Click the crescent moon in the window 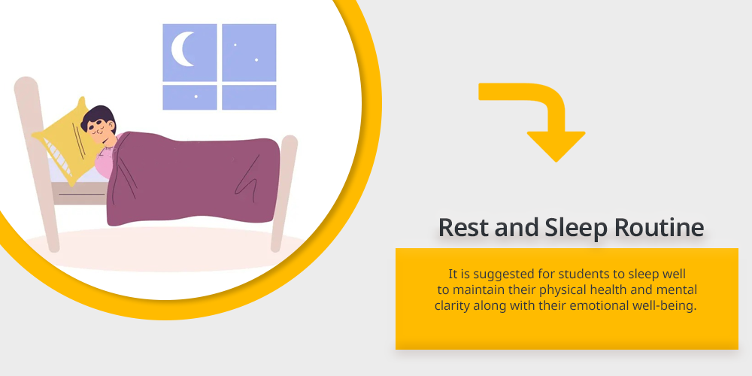pos(180,49)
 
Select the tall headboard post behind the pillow pos(36,163)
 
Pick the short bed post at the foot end pos(284,193)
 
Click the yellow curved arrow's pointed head pos(556,147)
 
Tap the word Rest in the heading pos(463,227)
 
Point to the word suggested pos(495,274)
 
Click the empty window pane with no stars pos(249,97)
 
